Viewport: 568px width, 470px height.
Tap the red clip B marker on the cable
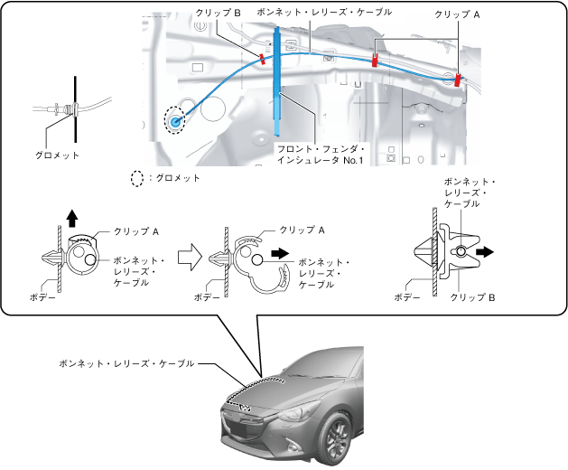pos(262,59)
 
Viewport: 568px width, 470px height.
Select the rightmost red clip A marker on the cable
pos(457,80)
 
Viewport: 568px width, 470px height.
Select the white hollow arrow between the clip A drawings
pos(187,257)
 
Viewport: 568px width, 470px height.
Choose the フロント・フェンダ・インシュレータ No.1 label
pos(320,154)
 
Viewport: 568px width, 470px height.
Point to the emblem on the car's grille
pos(245,407)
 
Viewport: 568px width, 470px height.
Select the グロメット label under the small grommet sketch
pos(59,155)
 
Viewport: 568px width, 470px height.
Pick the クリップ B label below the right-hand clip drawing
pos(473,296)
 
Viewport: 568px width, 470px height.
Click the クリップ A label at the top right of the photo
pos(457,14)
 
